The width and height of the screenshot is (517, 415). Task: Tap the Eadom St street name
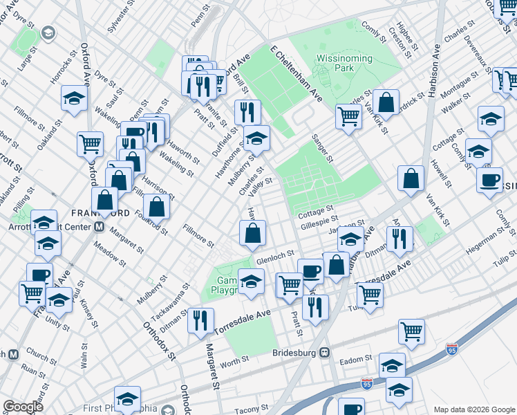[357, 358]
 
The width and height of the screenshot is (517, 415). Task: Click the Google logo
[23, 407]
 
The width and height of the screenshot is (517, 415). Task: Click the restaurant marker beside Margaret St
[200, 320]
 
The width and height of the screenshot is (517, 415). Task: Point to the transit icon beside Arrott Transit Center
[99, 226]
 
